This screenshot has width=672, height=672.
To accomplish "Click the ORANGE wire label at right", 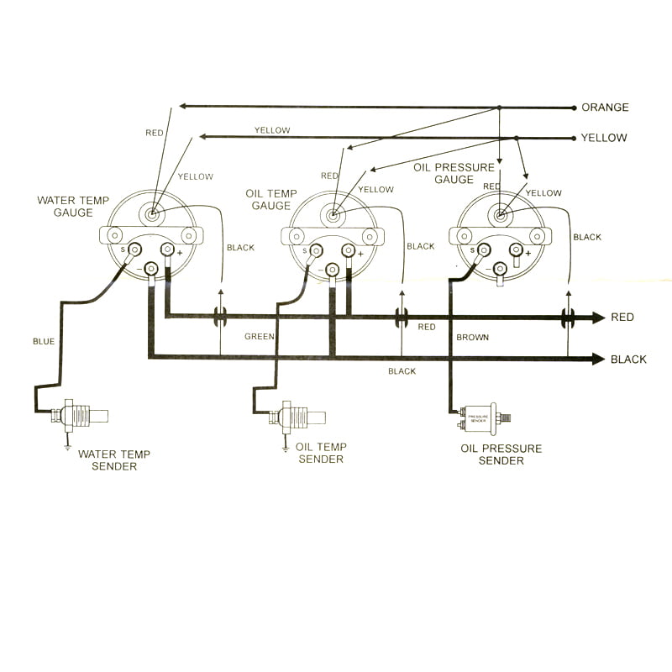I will (x=605, y=108).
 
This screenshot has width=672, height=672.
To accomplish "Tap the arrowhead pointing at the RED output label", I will (x=598, y=318).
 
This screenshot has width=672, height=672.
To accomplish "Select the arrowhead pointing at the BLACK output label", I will (x=598, y=359).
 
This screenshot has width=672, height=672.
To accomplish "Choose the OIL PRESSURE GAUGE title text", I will (x=454, y=173).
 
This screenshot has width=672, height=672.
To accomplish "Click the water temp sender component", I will (x=80, y=414).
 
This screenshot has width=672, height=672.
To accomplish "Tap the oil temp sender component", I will (x=298, y=416).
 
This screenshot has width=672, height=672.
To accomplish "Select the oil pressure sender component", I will (x=480, y=415).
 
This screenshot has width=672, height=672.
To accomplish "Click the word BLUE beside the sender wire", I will (x=43, y=342).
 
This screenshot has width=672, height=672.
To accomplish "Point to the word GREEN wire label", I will (x=260, y=337).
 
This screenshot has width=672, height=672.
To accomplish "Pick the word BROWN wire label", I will (x=472, y=337).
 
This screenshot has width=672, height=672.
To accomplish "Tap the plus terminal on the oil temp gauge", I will (x=348, y=250).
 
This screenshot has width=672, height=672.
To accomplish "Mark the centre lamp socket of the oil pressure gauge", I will (x=501, y=215).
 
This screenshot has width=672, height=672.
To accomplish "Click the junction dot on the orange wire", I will (x=499, y=108).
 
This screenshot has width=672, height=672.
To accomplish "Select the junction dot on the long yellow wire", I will (x=516, y=138).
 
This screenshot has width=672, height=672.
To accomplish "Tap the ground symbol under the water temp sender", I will (x=67, y=446).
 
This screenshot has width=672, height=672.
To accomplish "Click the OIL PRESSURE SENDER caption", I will (x=501, y=454).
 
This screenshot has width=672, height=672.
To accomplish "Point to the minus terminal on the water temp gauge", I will (x=152, y=269).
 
